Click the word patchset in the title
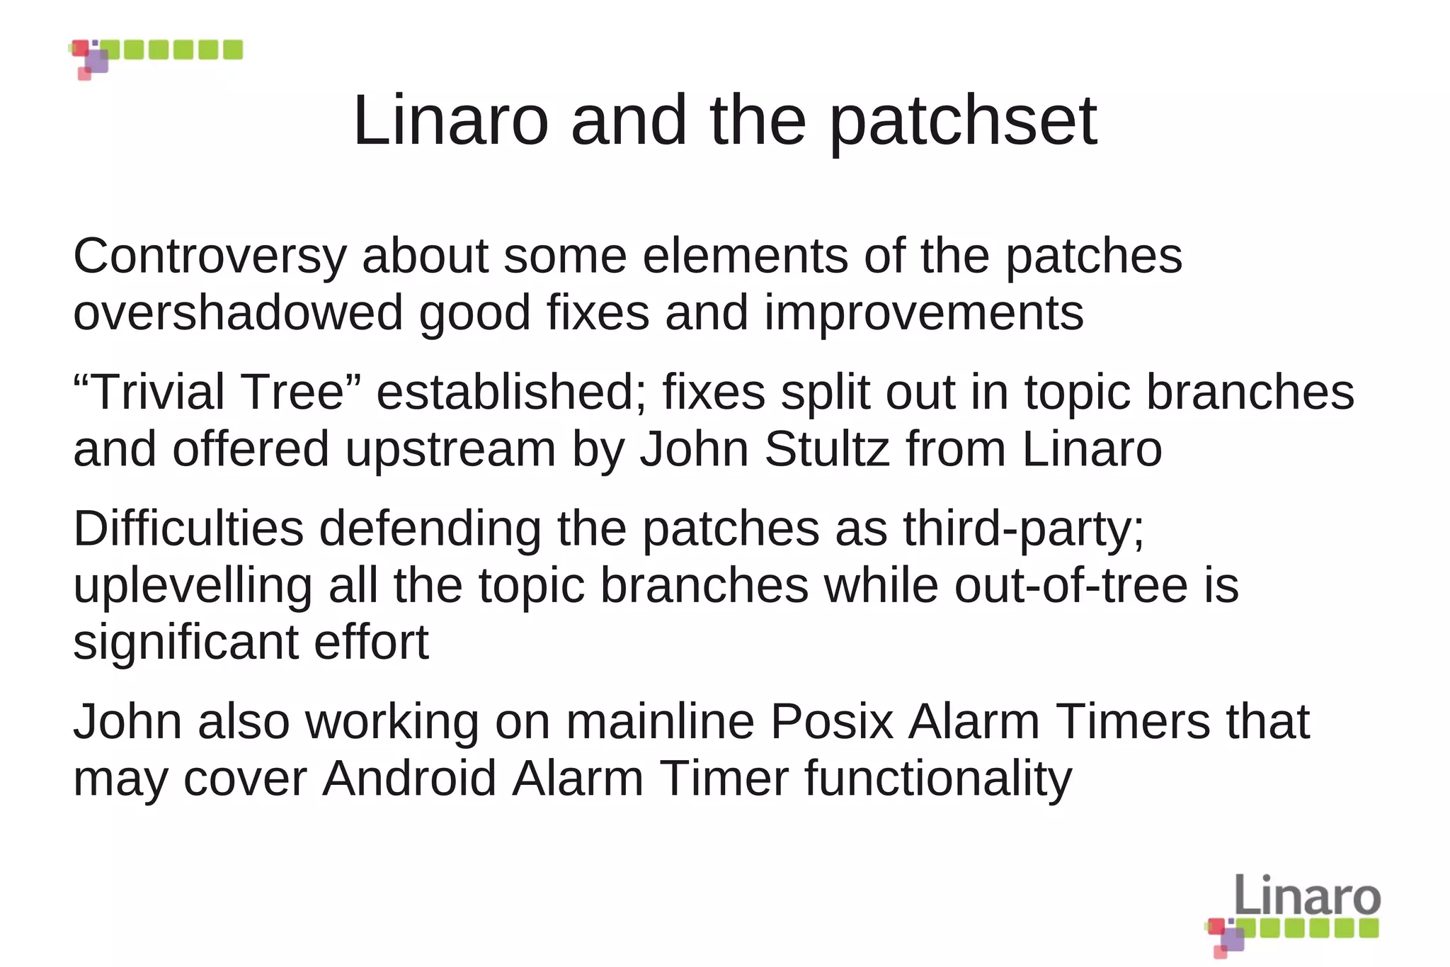pyautogui.click(x=963, y=122)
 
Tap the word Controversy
pyautogui.click(x=210, y=256)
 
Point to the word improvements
pyautogui.click(x=924, y=313)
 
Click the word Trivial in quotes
pyautogui.click(x=157, y=392)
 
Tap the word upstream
pyautogui.click(x=451, y=449)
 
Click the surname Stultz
pyautogui.click(x=827, y=449)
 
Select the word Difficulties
pyautogui.click(x=188, y=529)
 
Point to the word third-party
pyautogui.click(x=1023, y=529)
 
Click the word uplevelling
pyautogui.click(x=193, y=587)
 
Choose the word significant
pyautogui.click(x=185, y=643)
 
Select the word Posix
pyautogui.click(x=831, y=722)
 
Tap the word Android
pyautogui.click(x=409, y=779)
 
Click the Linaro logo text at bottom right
pyautogui.click(x=1307, y=895)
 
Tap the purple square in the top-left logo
pyautogui.click(x=98, y=61)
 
